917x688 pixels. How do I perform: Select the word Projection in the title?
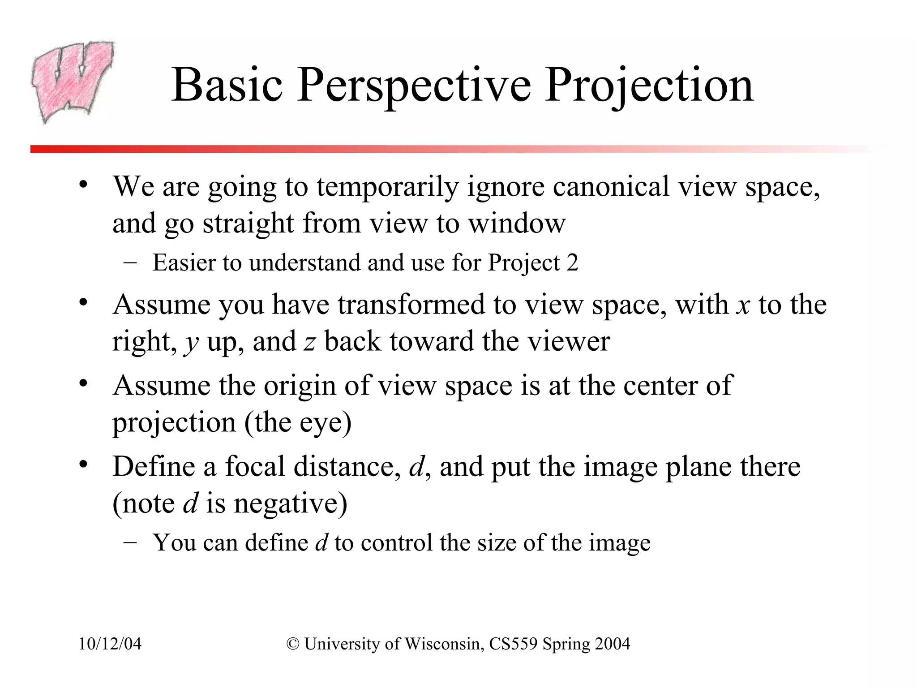(649, 85)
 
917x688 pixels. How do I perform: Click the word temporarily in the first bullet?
(387, 186)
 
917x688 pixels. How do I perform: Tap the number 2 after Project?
(572, 263)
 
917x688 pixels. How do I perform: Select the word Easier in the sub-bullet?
(184, 263)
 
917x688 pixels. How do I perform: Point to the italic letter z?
(309, 342)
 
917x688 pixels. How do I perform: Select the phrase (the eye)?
(298, 422)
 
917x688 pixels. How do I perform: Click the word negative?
(291, 503)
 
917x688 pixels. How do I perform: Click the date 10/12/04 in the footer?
(110, 644)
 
